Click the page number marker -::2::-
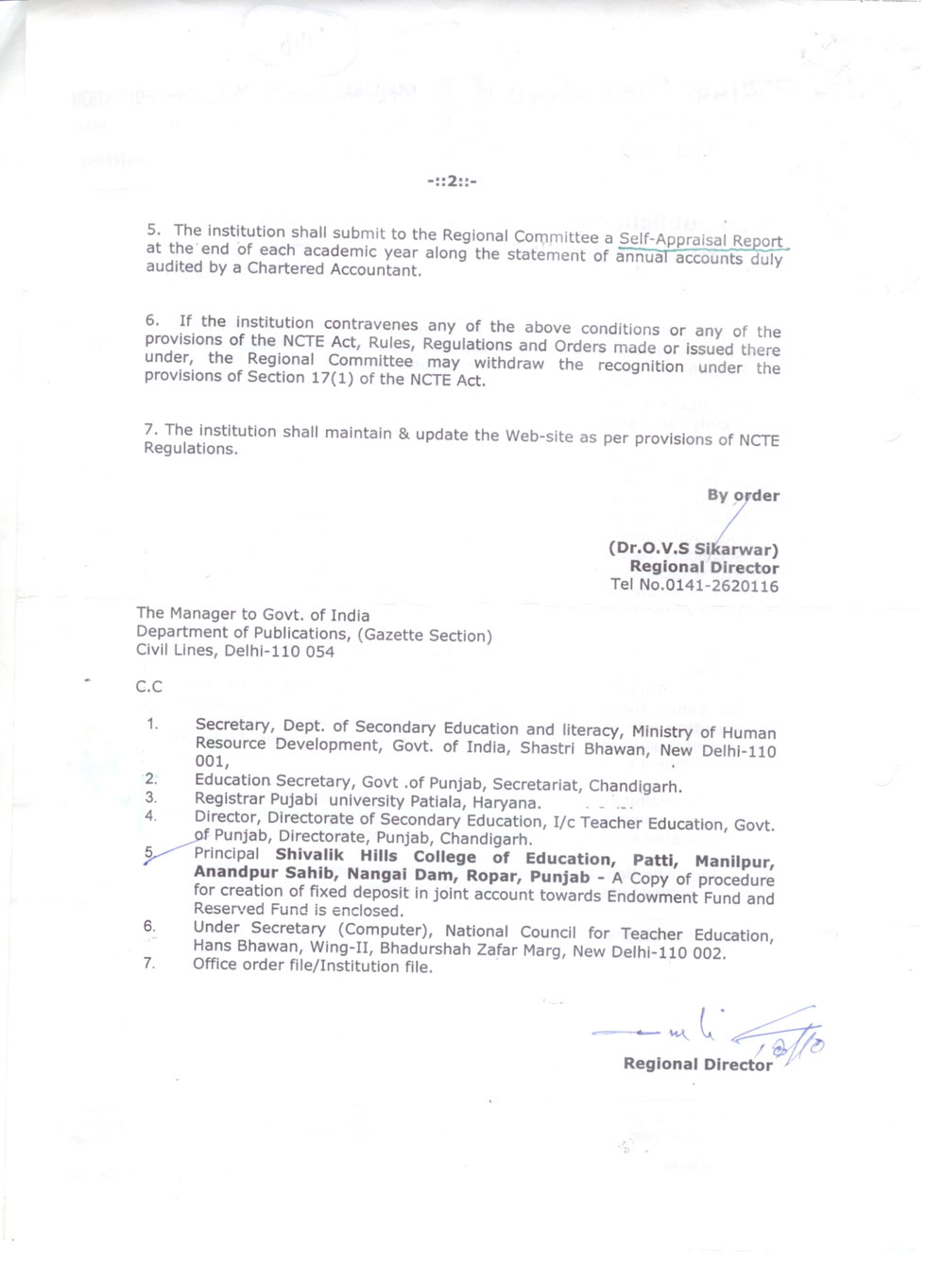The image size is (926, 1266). click(452, 180)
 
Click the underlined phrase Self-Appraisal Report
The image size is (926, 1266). click(700, 241)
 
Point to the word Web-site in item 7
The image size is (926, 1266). click(537, 436)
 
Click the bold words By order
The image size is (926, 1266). click(743, 495)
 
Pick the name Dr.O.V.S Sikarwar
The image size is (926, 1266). click(694, 549)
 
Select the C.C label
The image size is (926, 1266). click(148, 686)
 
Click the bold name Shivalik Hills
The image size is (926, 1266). click(335, 856)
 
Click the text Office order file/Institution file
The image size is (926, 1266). click(313, 966)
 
